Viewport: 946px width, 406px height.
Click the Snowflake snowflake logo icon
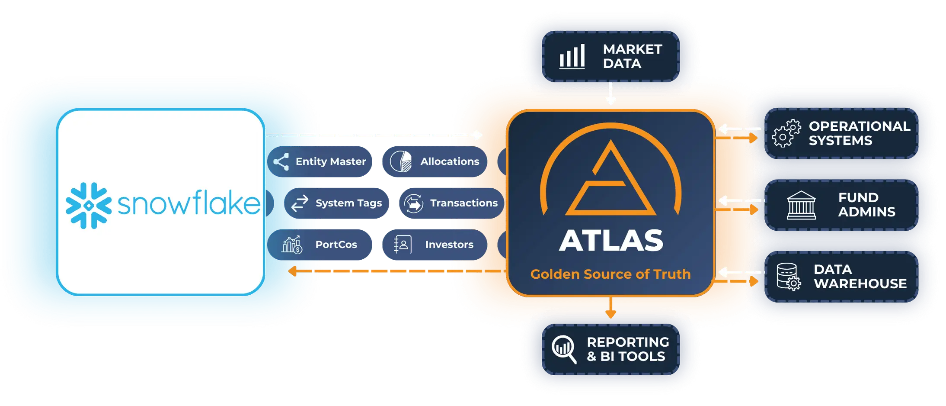[89, 206]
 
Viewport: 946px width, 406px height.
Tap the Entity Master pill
[320, 161]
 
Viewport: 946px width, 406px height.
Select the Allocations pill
[435, 161]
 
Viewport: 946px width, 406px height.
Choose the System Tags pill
[336, 203]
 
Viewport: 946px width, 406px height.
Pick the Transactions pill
[451, 203]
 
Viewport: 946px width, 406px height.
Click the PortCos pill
[320, 245]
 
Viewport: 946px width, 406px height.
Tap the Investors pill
[435, 245]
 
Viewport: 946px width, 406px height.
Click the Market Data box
[610, 56]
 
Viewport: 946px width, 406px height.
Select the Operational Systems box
[841, 133]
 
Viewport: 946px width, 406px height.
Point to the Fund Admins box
[841, 205]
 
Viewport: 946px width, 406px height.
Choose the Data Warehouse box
[841, 277]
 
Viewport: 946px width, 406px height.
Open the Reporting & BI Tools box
[610, 349]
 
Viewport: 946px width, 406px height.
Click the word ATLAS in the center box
[611, 240]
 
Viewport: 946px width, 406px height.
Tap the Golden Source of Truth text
[610, 274]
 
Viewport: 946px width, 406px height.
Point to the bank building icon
[801, 205]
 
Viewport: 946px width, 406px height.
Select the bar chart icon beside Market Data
[572, 56]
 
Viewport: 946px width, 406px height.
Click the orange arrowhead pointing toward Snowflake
[292, 271]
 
